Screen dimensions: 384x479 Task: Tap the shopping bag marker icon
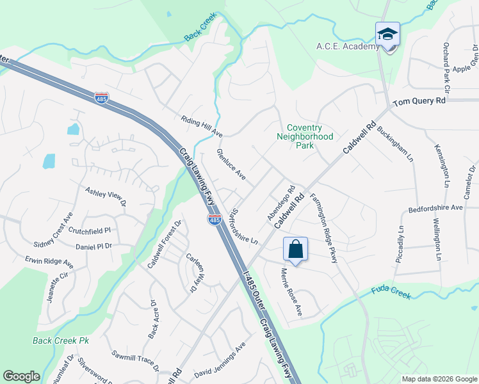click(x=295, y=249)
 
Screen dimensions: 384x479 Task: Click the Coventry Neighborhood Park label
click(x=305, y=136)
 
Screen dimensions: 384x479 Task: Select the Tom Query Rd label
click(x=419, y=102)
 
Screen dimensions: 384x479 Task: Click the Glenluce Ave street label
click(x=231, y=164)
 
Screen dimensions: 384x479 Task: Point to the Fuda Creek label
click(x=391, y=292)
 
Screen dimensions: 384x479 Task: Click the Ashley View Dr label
click(x=106, y=196)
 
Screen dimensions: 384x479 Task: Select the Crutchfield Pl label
click(x=90, y=230)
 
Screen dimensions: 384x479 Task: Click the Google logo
click(x=21, y=376)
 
